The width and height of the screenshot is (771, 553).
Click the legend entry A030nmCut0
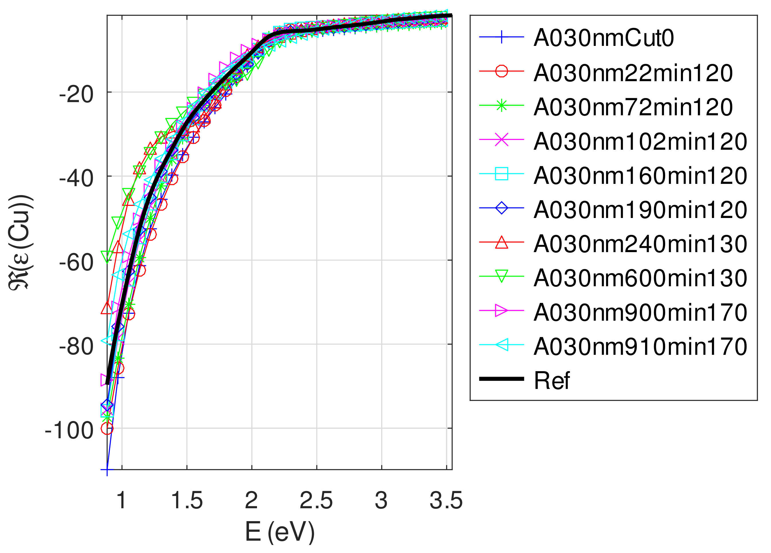pyautogui.click(x=603, y=38)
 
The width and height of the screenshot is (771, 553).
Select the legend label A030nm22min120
pyautogui.click(x=633, y=73)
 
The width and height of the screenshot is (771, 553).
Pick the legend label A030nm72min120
pyautogui.click(x=633, y=107)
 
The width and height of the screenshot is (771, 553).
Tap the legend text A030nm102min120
pyautogui.click(x=640, y=141)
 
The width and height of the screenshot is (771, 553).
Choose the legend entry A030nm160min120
pyautogui.click(x=640, y=176)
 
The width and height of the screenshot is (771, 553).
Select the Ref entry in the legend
pyautogui.click(x=551, y=381)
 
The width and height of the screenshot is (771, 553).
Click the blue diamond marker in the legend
pyautogui.click(x=501, y=208)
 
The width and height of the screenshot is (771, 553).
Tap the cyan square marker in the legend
pyautogui.click(x=501, y=174)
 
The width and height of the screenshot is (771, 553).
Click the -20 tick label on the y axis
pyautogui.click(x=76, y=95)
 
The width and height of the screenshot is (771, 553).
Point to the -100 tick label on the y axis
pyautogui.click(x=69, y=431)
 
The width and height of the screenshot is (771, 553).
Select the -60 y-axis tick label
pyautogui.click(x=76, y=263)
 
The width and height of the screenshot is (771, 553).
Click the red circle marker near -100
pyautogui.click(x=107, y=429)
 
